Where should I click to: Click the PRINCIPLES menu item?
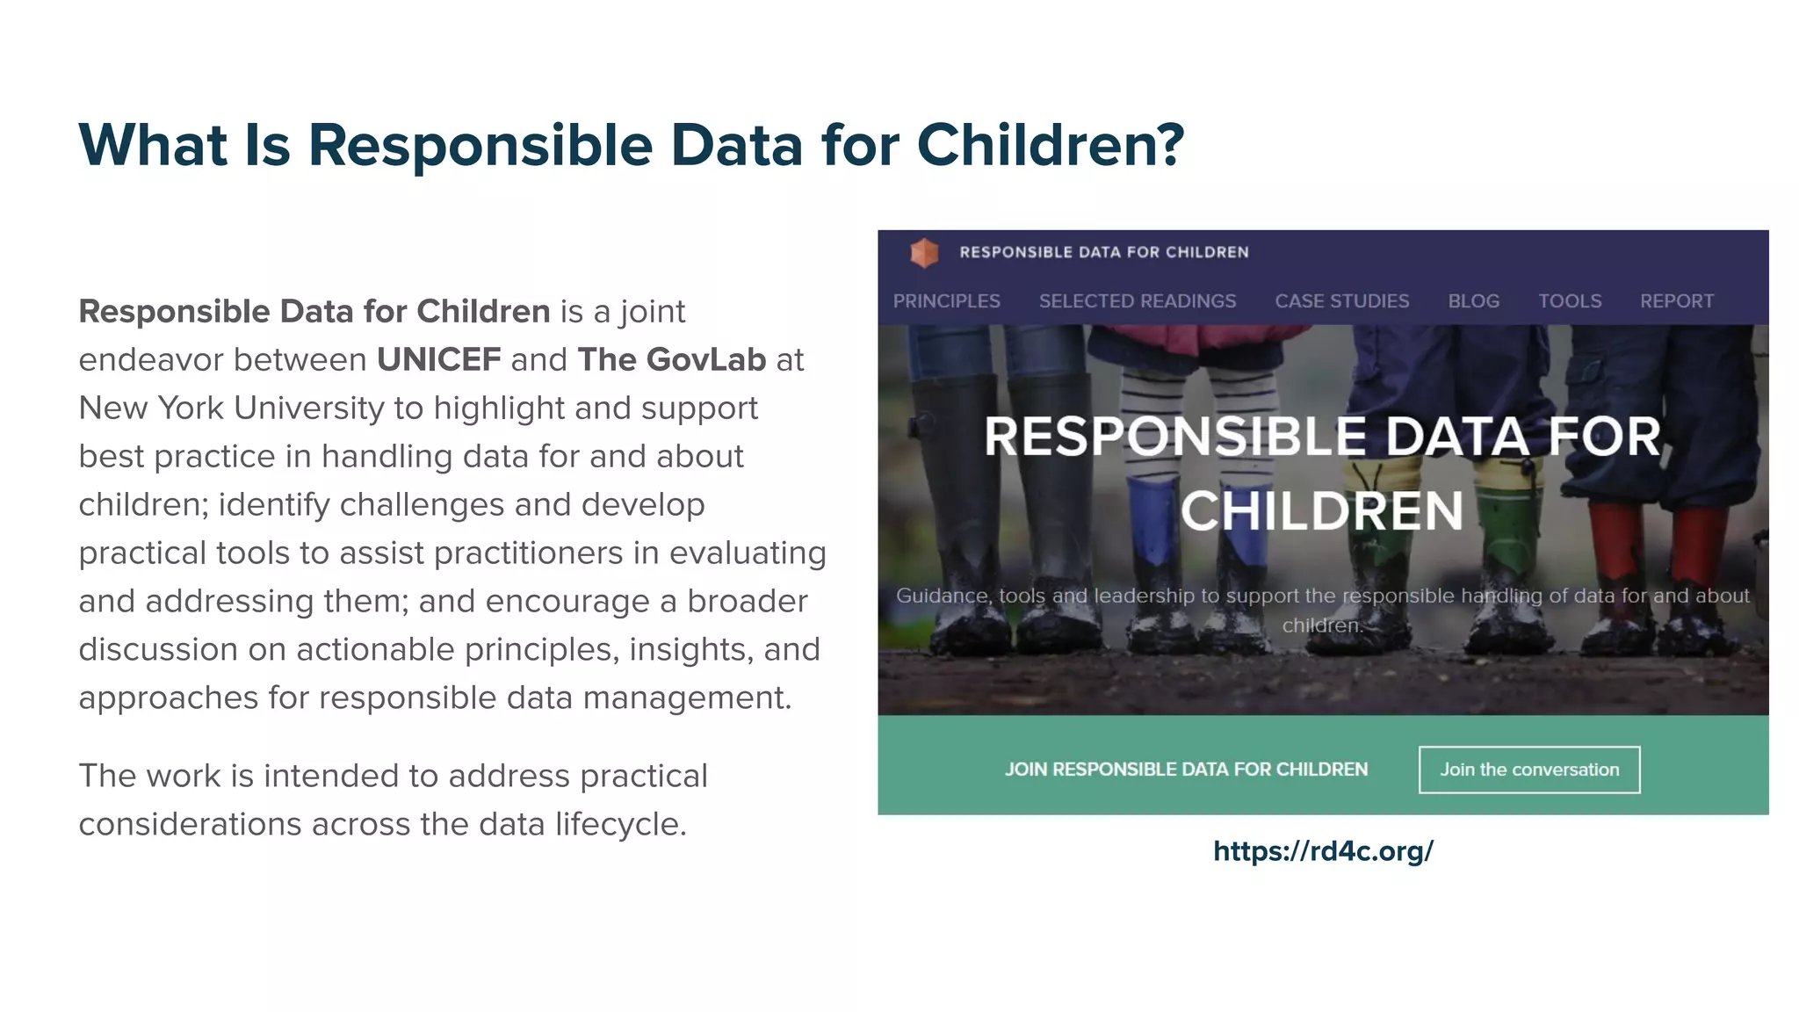click(x=946, y=301)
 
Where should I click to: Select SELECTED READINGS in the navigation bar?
click(x=1137, y=301)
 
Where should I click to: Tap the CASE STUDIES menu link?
click(x=1341, y=301)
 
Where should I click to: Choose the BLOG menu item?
click(x=1473, y=301)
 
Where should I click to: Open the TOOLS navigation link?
click(x=1569, y=301)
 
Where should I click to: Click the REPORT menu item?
click(x=1676, y=301)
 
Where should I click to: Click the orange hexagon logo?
click(x=924, y=253)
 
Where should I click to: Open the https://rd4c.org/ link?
click(x=1322, y=850)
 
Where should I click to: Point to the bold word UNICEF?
click(x=438, y=360)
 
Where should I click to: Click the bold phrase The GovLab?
click(x=671, y=360)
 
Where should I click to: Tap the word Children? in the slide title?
click(x=1051, y=145)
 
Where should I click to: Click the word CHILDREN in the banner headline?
click(x=1321, y=511)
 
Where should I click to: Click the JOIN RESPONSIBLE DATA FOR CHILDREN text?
click(x=1186, y=770)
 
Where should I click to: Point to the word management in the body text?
click(x=687, y=698)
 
